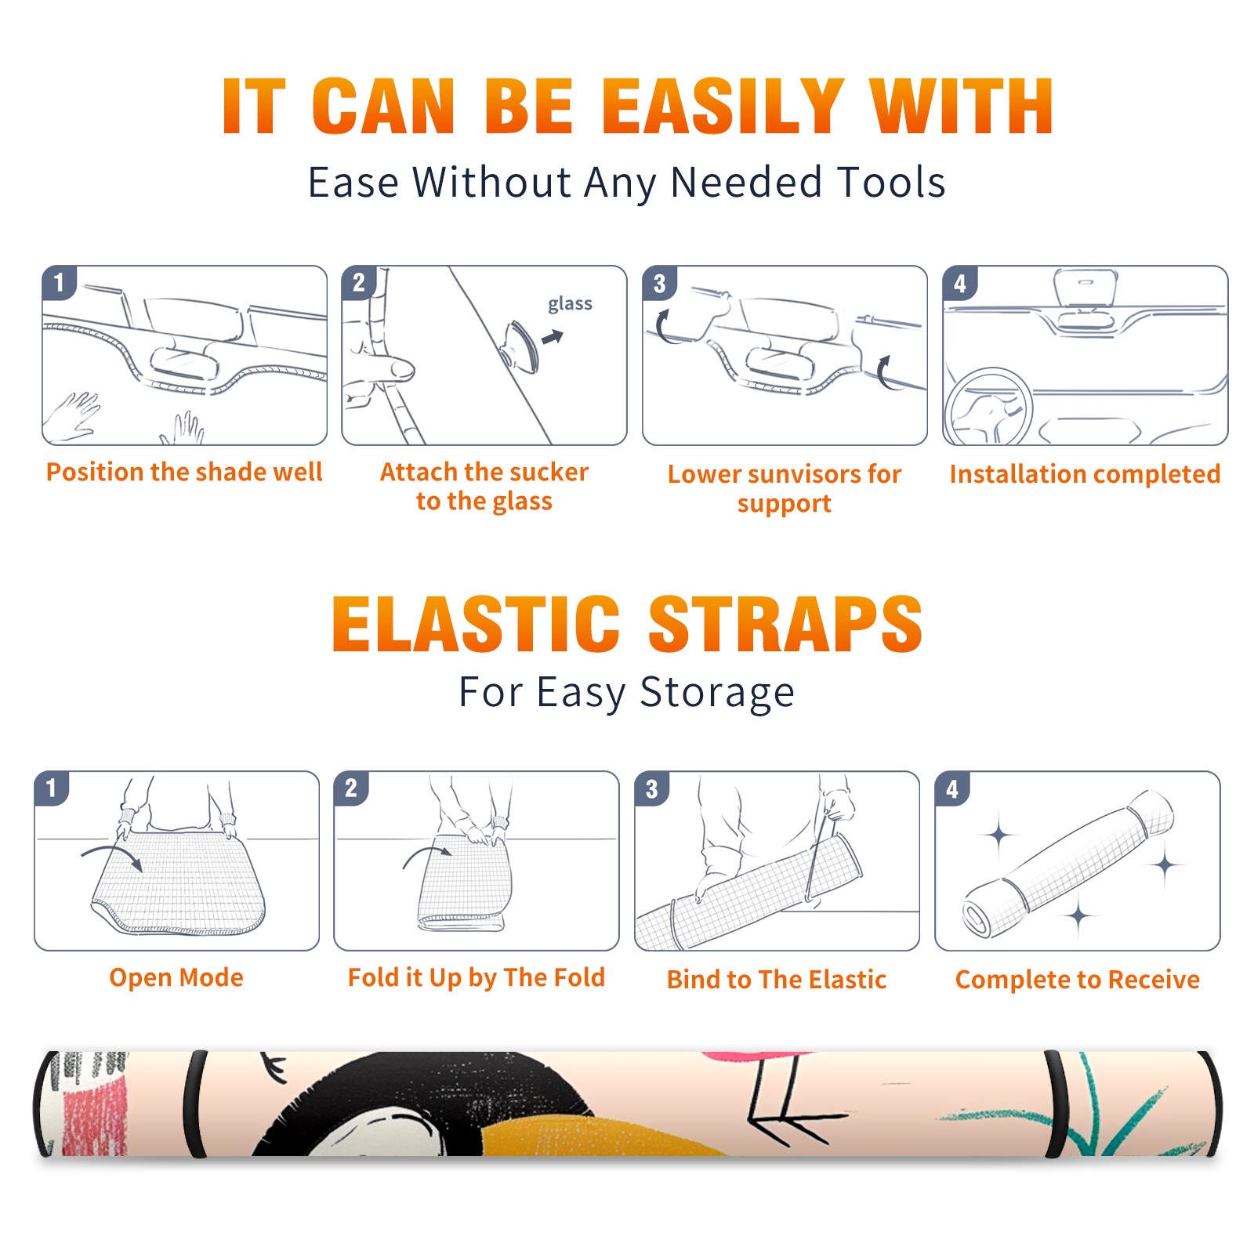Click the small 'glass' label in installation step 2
click(x=570, y=304)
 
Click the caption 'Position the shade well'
click(x=184, y=472)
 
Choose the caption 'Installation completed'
click(x=1085, y=473)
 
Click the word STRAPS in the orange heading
click(x=785, y=624)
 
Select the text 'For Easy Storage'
click(x=626, y=692)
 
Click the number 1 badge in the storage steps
click(x=52, y=788)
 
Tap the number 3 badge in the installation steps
click(x=659, y=283)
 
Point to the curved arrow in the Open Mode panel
click(x=112, y=856)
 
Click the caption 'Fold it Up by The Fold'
click(x=477, y=977)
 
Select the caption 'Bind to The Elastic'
click(x=777, y=980)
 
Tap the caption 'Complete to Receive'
click(x=1078, y=980)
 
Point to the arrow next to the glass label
click(x=553, y=337)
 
